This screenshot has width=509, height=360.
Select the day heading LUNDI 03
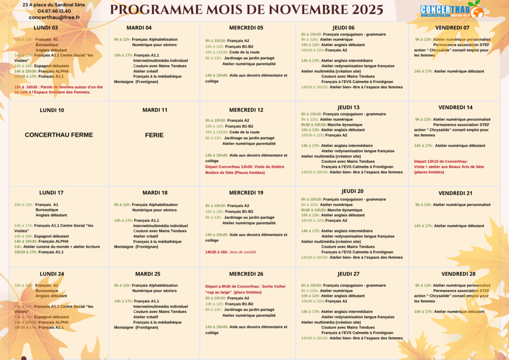[x=46, y=28]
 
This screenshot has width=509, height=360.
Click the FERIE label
[x=154, y=135]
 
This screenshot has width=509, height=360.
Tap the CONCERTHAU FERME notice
[x=59, y=135]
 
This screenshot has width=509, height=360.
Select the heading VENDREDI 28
[x=458, y=274]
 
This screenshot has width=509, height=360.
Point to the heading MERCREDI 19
[x=246, y=193]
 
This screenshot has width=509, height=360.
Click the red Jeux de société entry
[x=231, y=252]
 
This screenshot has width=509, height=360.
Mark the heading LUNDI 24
[x=52, y=274]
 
